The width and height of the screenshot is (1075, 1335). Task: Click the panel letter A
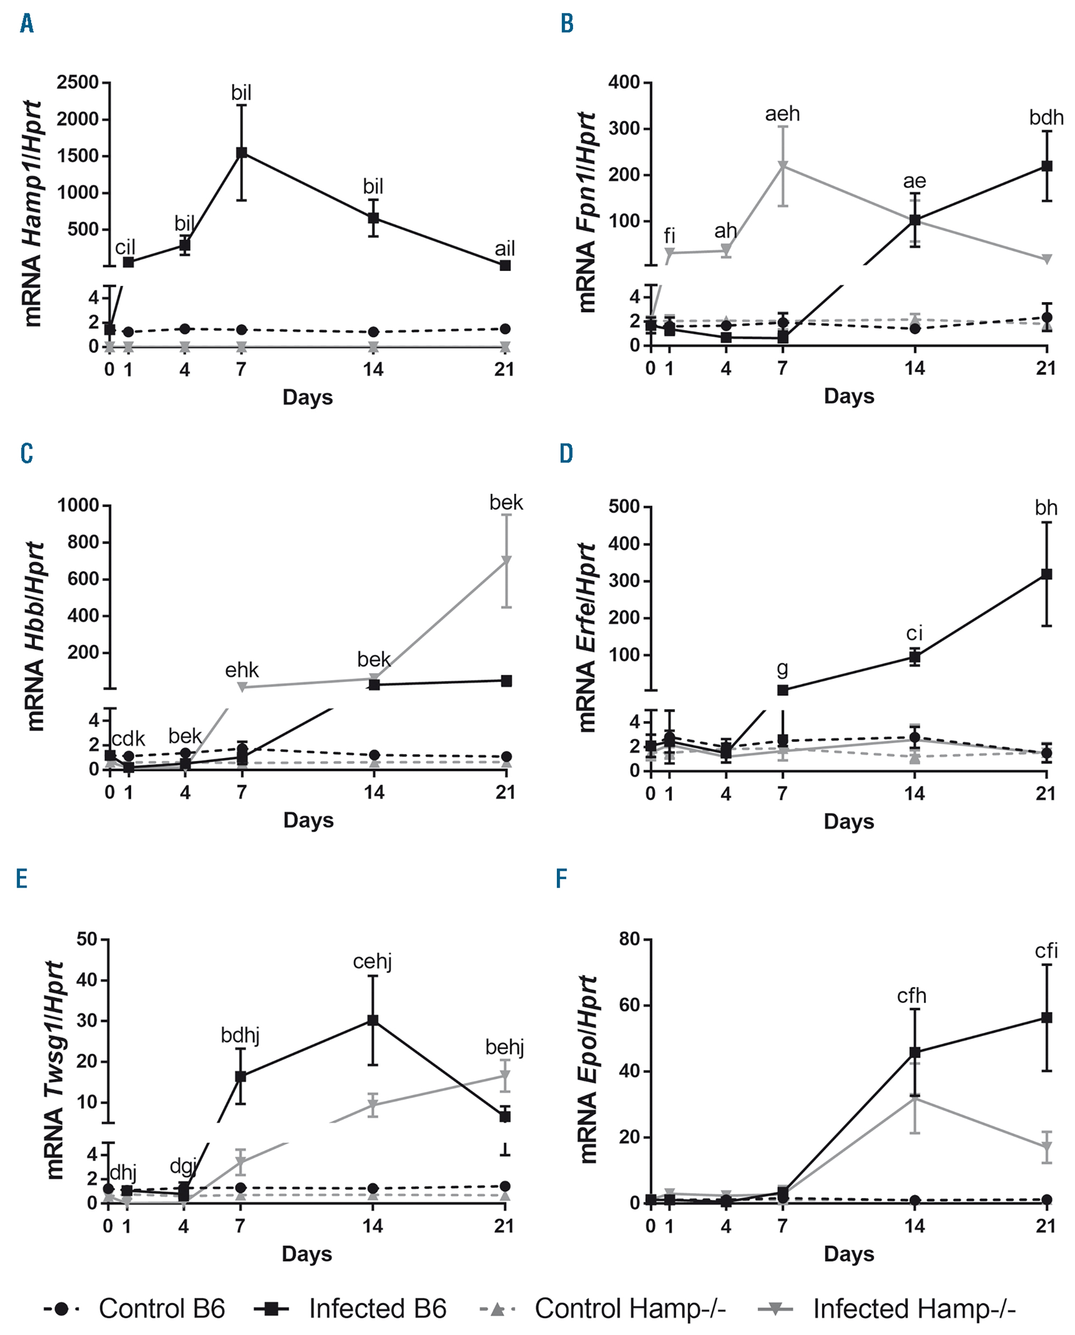[x=27, y=24]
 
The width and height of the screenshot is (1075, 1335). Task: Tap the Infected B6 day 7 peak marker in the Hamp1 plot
[x=241, y=152]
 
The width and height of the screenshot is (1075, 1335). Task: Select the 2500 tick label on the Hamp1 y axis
[x=77, y=82]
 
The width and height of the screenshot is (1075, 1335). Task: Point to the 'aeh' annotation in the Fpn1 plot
[x=782, y=114]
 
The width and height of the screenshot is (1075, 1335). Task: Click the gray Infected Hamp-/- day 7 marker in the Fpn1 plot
[x=783, y=166]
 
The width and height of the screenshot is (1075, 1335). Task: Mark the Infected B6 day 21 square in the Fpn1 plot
[x=1047, y=166]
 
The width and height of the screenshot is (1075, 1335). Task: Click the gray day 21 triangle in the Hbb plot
[x=506, y=561]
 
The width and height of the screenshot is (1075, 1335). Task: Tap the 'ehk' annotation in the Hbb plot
[x=241, y=670]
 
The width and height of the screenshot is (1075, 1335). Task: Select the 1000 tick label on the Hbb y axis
[x=78, y=505]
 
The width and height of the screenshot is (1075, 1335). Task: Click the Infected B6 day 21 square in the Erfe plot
[x=1047, y=574]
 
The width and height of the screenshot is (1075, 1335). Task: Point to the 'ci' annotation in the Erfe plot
[x=914, y=633]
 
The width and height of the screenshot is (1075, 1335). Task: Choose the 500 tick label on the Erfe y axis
[x=623, y=507]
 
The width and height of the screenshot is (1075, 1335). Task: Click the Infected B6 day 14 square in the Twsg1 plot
[x=373, y=1020]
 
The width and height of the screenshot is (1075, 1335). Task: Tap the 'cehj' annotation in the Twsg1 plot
[x=372, y=961]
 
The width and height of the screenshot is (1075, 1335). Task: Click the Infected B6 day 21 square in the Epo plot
[x=1047, y=1018]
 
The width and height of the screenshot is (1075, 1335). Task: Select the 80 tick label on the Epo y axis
[x=629, y=940]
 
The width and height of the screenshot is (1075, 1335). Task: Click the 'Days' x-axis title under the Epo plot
[x=848, y=1254]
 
